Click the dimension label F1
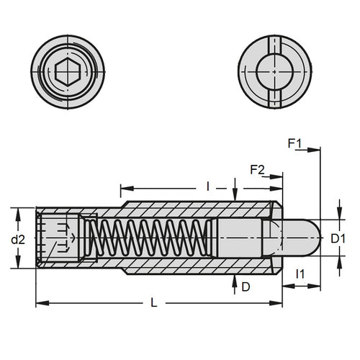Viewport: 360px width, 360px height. [x=294, y=144]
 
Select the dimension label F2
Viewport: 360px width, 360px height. [x=256, y=170]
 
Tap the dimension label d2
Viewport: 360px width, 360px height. [x=22, y=238]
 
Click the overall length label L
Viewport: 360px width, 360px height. [x=155, y=304]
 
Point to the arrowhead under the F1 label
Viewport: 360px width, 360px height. [x=314, y=150]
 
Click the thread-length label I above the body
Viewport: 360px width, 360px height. [x=207, y=186]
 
